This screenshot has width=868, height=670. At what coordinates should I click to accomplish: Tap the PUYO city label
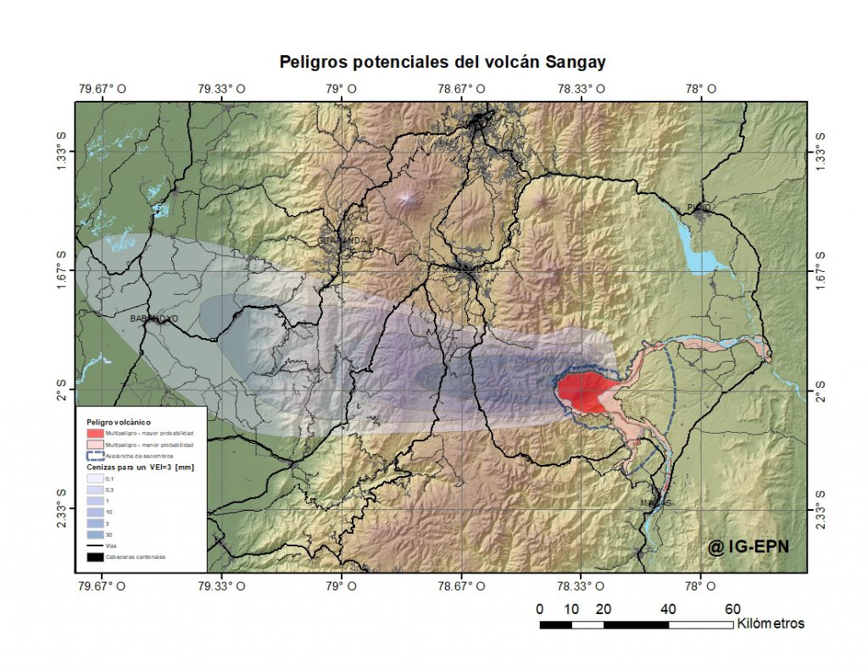(x=700, y=207)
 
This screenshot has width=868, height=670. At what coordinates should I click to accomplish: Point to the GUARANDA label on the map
(x=344, y=241)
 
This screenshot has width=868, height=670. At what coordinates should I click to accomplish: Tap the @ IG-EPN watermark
(x=748, y=546)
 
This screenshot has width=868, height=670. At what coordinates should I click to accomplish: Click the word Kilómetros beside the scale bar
(x=771, y=623)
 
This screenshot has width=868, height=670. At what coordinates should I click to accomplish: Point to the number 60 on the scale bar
(x=732, y=609)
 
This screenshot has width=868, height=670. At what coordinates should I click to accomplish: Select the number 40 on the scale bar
(x=668, y=609)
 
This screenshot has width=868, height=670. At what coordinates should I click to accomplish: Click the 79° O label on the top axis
(x=342, y=88)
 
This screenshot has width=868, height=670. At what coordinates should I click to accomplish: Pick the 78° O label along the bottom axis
(x=701, y=585)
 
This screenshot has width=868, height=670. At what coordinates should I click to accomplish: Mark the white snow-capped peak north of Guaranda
(x=409, y=198)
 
